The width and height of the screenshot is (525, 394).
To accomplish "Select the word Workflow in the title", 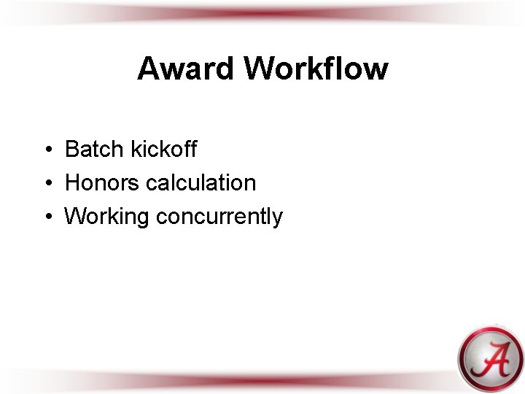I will [316, 69].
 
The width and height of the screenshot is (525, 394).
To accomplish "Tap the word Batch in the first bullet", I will [95, 150].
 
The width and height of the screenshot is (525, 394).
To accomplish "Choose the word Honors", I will [102, 183].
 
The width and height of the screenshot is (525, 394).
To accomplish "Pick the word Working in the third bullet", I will [107, 217].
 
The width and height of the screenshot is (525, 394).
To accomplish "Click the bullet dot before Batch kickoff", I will [46, 150].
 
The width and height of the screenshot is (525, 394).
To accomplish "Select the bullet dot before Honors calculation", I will [46, 184].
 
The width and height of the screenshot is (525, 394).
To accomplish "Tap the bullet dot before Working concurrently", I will [46, 217].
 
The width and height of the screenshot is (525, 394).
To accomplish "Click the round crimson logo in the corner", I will [490, 358].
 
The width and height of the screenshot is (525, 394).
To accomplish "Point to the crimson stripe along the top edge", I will [262, 11].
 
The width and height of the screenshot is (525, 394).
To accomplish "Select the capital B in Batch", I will [72, 150].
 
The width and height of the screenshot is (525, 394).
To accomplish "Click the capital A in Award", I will [148, 69].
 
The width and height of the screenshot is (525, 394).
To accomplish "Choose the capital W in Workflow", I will [260, 69].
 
